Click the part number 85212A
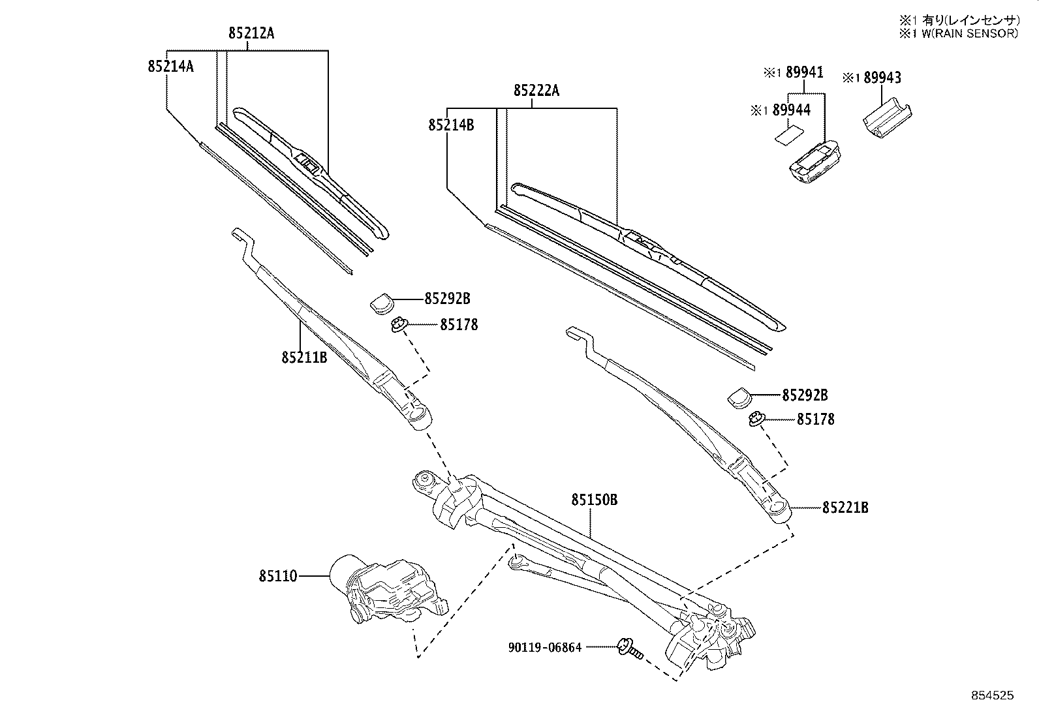(251, 33)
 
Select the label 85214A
(170, 66)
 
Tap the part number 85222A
(536, 91)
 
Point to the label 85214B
(451, 125)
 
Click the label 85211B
(304, 358)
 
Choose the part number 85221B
(845, 507)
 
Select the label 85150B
(594, 500)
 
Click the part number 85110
(277, 576)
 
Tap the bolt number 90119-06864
(545, 647)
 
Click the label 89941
(804, 73)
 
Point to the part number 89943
(882, 78)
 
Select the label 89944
(791, 110)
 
